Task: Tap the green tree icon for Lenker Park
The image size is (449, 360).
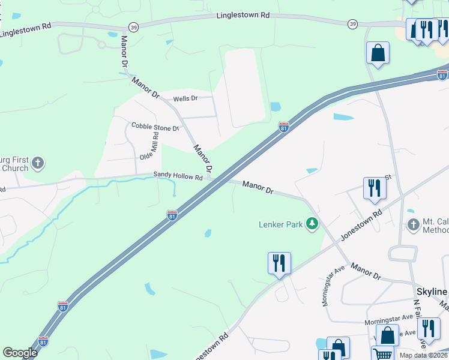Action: click(312, 224)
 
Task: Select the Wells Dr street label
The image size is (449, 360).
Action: click(185, 98)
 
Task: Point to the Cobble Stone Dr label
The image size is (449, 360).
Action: click(155, 127)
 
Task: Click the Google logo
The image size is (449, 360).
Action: click(20, 353)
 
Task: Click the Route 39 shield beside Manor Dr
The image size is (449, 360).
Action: click(133, 28)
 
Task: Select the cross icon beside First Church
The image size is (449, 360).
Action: click(37, 163)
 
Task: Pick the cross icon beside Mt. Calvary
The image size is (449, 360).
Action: click(412, 226)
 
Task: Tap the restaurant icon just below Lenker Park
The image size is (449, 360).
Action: click(279, 263)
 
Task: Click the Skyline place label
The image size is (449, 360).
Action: click(432, 292)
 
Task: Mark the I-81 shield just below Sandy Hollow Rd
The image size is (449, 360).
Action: click(172, 215)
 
